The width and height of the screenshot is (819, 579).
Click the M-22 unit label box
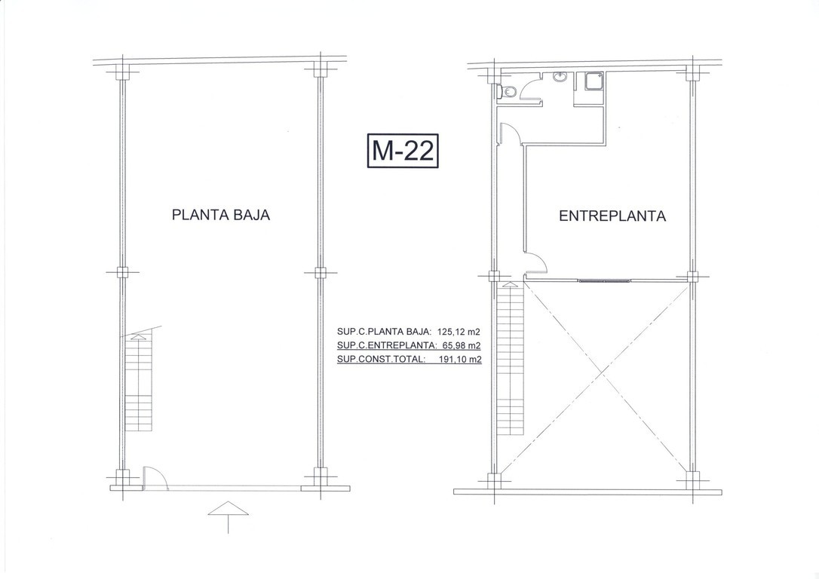pos(402,151)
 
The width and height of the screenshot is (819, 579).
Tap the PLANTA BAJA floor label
pos(221,215)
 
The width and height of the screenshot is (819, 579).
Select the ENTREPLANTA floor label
pos(612,216)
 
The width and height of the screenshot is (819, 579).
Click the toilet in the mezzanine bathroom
pos(507,92)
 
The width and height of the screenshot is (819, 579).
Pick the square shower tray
pos(594,81)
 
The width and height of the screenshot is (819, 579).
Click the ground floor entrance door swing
pos(155,477)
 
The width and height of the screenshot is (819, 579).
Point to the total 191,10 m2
pos(459,359)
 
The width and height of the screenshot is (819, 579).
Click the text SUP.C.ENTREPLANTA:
pos(387,345)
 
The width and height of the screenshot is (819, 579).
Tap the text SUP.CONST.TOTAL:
pos(382,359)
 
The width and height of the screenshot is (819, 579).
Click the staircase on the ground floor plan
pos(139,382)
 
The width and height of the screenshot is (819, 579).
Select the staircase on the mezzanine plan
pos(509,360)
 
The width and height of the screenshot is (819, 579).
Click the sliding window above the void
pos(605,281)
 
